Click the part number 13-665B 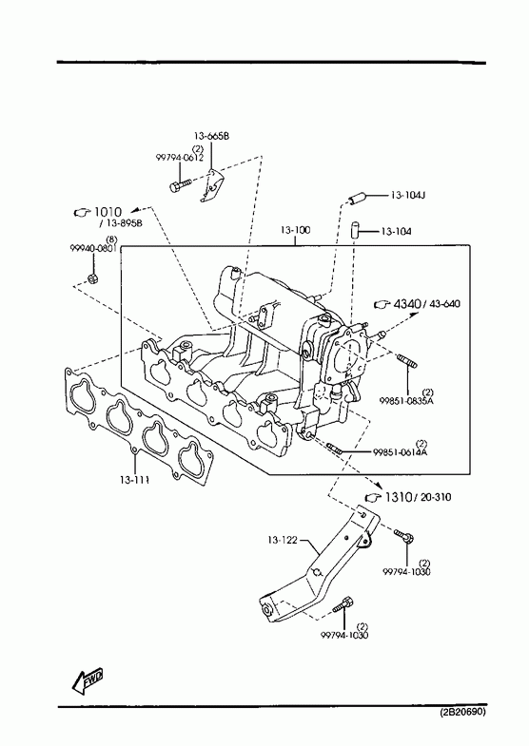click(x=211, y=136)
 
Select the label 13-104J click(x=407, y=195)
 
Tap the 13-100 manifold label click(x=295, y=230)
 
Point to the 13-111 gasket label click(x=134, y=480)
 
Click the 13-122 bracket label click(x=282, y=540)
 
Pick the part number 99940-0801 click(x=93, y=248)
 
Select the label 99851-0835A click(x=406, y=401)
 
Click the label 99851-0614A click(x=400, y=452)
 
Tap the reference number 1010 click(x=108, y=212)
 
